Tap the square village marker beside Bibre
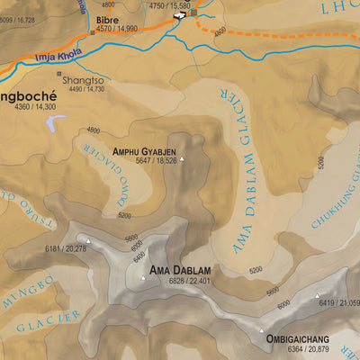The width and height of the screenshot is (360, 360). click(x=91, y=33)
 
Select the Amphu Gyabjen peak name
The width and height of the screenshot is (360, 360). click(x=144, y=151)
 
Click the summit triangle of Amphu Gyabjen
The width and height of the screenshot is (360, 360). click(x=183, y=161)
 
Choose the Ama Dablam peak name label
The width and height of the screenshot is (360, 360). click(x=180, y=271)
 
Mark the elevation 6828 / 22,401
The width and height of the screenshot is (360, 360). click(x=189, y=282)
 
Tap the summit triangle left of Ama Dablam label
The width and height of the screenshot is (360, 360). click(x=141, y=278)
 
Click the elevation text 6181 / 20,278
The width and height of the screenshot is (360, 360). click(x=66, y=248)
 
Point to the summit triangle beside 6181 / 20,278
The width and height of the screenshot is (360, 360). click(x=88, y=240)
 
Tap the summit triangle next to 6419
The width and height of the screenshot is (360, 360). click(x=318, y=296)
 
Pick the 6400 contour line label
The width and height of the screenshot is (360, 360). click(x=139, y=257)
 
